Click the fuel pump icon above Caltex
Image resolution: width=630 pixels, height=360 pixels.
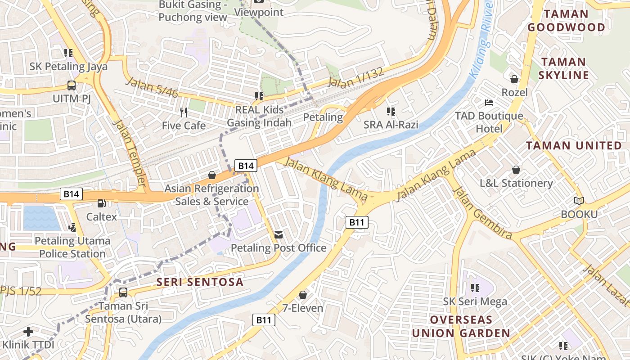pos(102,204)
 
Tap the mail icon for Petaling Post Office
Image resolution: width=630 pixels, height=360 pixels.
pos(279,235)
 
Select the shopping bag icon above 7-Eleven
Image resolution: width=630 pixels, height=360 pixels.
pos(303,295)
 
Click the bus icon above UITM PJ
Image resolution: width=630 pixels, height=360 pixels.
pos(71,85)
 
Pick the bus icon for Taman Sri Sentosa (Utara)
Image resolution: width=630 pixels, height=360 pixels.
pos(123,292)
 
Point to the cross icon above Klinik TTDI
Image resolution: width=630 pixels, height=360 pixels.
pos(28,332)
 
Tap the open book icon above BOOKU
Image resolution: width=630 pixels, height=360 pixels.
pos(579,201)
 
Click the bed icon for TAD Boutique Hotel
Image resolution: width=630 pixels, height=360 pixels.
pos(489,103)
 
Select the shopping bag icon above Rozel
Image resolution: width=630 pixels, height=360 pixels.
pos(514,79)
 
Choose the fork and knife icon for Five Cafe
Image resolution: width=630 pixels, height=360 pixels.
pos(183,112)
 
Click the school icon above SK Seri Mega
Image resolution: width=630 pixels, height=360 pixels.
pos(475,288)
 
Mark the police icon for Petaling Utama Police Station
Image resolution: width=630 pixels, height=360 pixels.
pos(72,228)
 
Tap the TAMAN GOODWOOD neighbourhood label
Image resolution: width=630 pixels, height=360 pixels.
pos(566,21)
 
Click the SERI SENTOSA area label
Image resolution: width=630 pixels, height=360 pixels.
pos(200,282)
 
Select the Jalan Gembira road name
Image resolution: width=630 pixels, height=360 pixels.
pos(483,212)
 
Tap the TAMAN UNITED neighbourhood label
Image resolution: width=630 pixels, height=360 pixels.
pos(574,145)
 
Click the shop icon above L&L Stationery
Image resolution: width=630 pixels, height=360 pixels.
pos(516,170)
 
